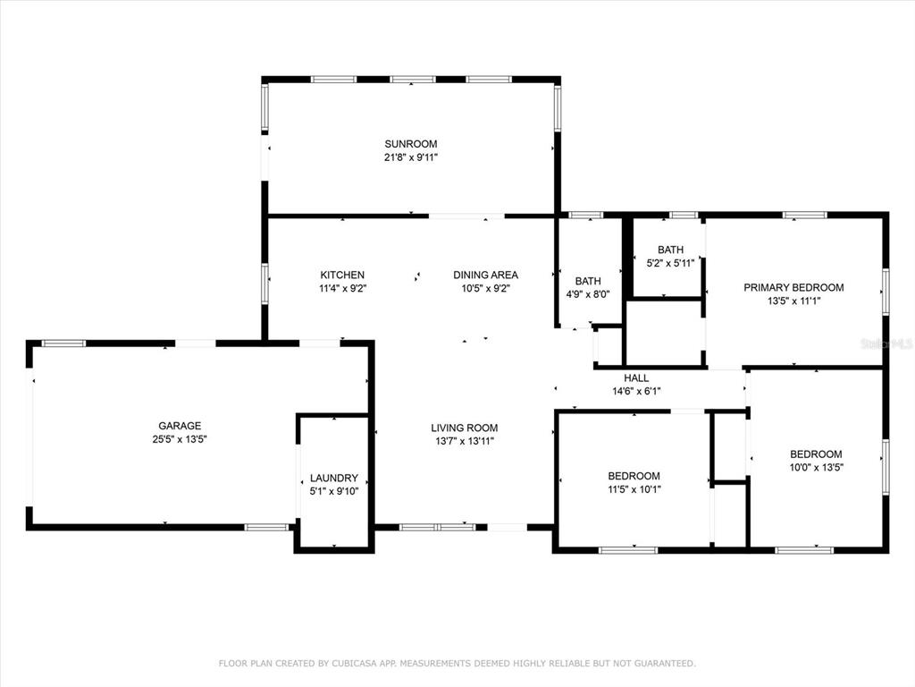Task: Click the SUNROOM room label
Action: click(x=411, y=144)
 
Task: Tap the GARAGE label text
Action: click(x=180, y=426)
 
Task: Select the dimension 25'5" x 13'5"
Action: click(x=180, y=439)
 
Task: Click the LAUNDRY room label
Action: click(x=334, y=478)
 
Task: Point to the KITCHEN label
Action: click(x=342, y=275)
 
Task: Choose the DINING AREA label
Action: click(x=485, y=275)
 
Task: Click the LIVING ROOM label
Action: click(x=465, y=428)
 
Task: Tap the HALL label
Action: click(x=636, y=378)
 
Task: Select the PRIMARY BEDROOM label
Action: click(x=793, y=287)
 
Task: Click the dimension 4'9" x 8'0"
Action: click(x=588, y=294)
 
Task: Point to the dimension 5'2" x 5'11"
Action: click(x=670, y=263)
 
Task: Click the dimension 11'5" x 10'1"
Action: click(x=634, y=489)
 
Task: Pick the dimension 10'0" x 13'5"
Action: click(x=817, y=467)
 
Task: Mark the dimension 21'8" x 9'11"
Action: click(x=411, y=157)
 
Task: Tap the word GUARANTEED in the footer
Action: click(x=665, y=663)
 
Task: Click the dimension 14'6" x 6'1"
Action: click(x=636, y=392)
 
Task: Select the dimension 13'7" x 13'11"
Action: click(x=465, y=441)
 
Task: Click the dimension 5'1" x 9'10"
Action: click(x=334, y=491)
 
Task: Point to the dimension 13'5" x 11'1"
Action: click(x=793, y=301)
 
